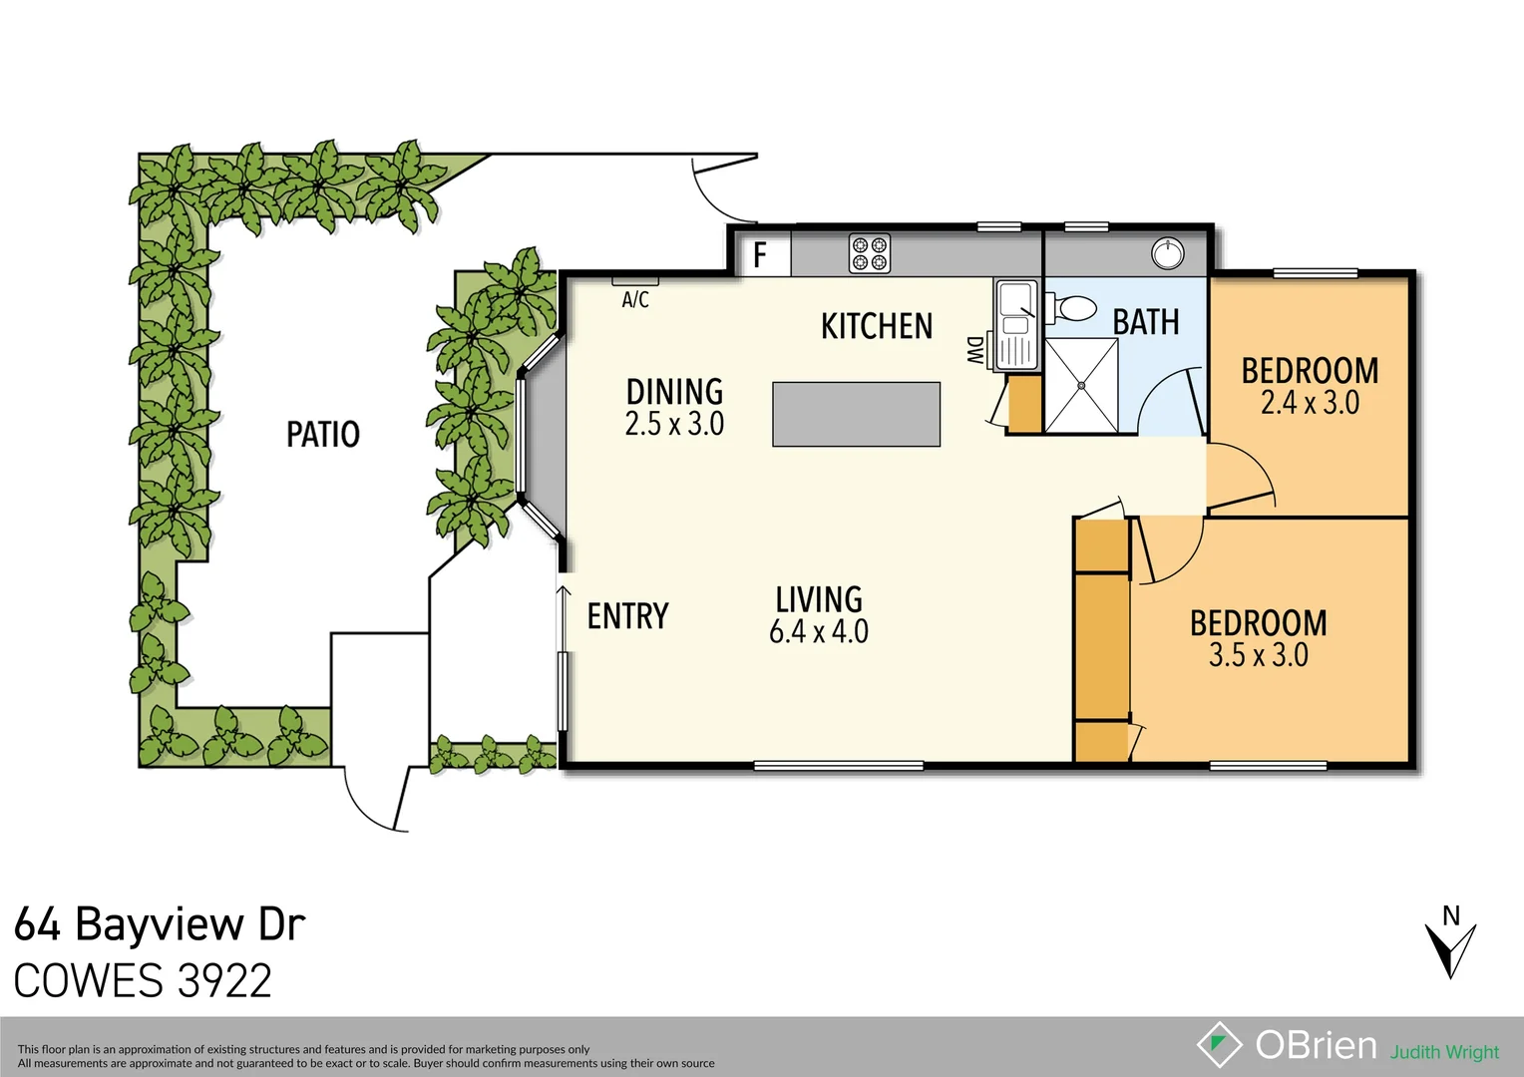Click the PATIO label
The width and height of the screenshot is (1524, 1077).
322,435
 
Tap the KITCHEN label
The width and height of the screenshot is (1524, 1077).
876,326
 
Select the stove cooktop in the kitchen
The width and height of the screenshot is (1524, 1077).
869,253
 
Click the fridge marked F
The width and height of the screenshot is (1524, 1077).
761,255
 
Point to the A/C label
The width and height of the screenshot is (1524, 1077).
635,300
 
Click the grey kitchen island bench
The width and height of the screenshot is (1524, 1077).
856,414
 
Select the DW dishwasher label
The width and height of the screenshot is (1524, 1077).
974,350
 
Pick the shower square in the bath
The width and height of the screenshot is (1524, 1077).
1081,386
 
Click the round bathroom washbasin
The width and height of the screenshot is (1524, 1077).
1167,253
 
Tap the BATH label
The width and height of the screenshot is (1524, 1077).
1145,323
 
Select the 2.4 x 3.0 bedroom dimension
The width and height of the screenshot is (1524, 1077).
1310,403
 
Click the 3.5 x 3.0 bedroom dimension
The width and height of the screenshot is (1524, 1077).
1258,655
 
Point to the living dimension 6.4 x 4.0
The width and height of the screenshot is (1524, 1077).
818,631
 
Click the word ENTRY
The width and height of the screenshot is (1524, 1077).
627,616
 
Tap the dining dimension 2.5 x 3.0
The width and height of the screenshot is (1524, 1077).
674,424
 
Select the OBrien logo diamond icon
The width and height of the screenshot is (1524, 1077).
1219,1045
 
